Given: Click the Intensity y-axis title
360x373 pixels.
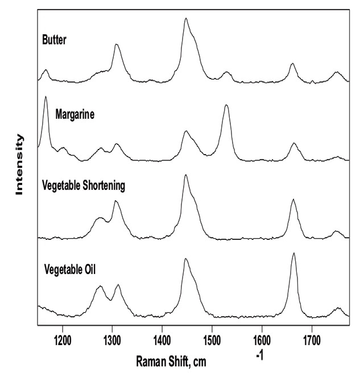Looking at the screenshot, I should (20, 165).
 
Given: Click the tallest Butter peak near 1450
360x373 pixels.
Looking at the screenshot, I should (186, 19).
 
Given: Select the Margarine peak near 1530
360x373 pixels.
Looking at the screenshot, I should (226, 106).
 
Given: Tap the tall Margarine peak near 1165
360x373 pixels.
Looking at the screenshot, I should (45, 97).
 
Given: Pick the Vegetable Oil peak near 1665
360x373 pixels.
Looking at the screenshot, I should (293, 254).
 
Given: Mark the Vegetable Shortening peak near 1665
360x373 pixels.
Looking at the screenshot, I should (293, 200).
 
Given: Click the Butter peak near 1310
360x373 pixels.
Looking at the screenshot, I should (117, 44).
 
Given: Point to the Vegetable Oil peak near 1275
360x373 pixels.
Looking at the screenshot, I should (100, 287).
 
